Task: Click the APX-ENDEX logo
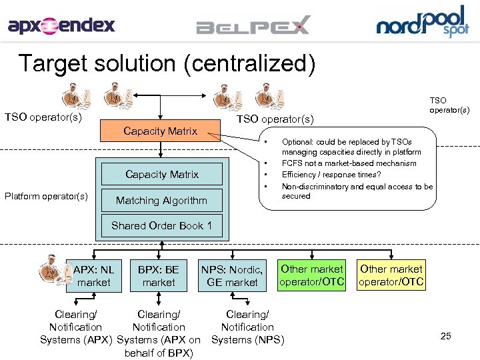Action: point(61,25)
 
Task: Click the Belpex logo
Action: point(253,27)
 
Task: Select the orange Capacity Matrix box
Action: point(160,131)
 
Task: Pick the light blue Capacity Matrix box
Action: point(162,175)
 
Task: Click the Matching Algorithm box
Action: point(161,201)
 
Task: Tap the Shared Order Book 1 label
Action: point(161,225)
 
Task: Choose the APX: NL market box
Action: point(93,276)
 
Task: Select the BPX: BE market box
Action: point(158,276)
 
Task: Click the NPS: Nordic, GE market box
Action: point(232,276)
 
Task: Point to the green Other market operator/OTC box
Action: point(312,275)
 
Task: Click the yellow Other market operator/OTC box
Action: point(391,275)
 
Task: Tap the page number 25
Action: point(445,336)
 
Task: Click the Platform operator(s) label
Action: point(46,196)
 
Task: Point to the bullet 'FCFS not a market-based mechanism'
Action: point(349,163)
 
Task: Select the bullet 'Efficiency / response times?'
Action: point(331,174)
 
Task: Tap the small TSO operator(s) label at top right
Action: point(449,105)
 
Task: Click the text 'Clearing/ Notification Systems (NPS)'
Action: point(247,327)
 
